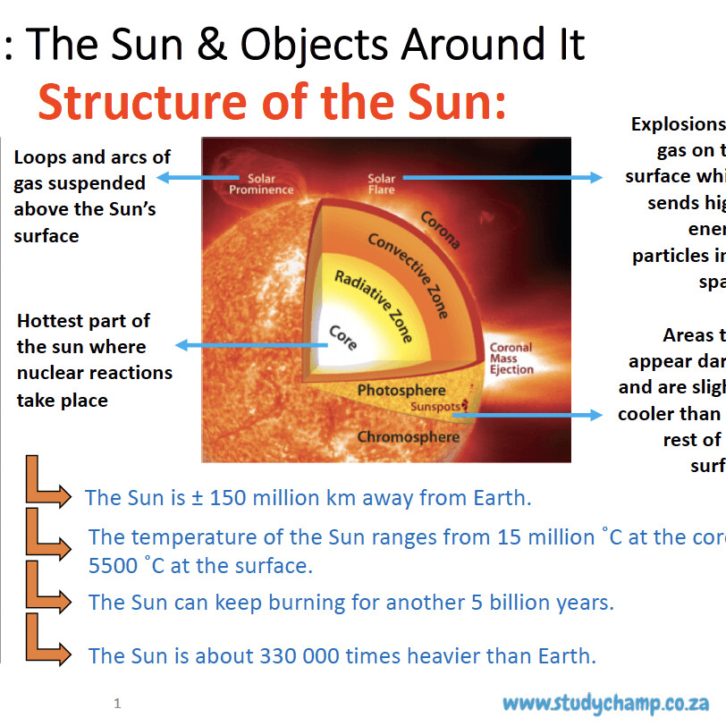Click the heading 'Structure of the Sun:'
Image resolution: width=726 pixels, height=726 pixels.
(272, 104)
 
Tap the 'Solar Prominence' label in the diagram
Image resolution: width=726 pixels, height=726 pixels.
(261, 184)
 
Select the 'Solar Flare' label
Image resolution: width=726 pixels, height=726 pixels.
(382, 184)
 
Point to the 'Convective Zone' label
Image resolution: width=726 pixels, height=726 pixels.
(408, 275)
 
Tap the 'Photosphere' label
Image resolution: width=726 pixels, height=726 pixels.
(401, 391)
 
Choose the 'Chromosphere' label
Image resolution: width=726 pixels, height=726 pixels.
(408, 437)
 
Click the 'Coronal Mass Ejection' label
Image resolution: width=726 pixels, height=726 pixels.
(511, 358)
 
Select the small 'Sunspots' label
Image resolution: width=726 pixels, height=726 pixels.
(434, 407)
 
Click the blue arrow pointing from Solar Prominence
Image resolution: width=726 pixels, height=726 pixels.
(197, 178)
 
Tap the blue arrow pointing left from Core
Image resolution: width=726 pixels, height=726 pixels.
(250, 345)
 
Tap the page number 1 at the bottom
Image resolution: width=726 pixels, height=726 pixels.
(117, 705)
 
